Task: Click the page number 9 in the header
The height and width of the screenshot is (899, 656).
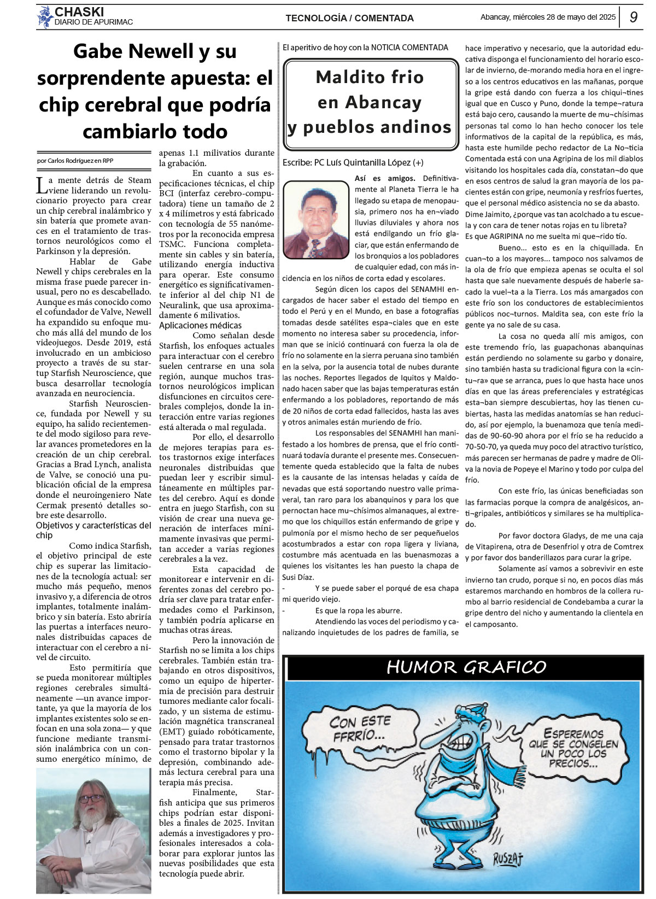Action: (x=633, y=17)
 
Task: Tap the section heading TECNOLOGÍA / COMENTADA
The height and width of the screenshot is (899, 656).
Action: (x=349, y=18)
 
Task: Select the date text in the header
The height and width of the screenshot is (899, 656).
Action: (x=548, y=17)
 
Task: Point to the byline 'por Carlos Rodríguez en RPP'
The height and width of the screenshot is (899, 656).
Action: (x=75, y=161)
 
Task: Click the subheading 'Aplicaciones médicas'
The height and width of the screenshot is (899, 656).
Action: (x=192, y=326)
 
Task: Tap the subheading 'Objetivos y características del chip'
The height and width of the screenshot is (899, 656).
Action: (x=93, y=530)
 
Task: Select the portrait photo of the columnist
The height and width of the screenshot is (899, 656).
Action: (x=315, y=220)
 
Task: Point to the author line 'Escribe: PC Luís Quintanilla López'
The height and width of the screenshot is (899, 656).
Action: (x=353, y=162)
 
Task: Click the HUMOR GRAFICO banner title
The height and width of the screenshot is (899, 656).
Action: (x=466, y=667)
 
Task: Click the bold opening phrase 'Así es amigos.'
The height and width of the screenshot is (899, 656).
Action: (x=385, y=178)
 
